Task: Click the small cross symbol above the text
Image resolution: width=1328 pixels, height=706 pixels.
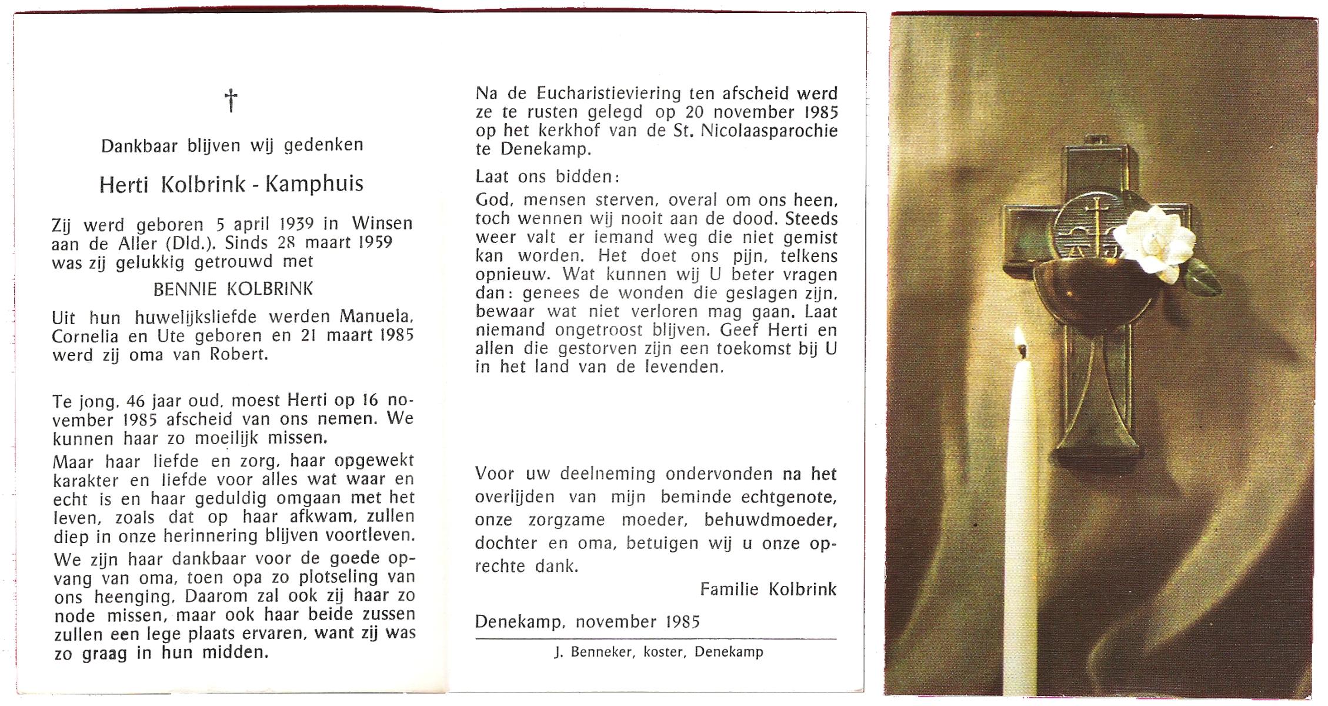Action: [x=231, y=101]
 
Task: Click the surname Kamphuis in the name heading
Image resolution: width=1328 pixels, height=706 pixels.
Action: [x=314, y=184]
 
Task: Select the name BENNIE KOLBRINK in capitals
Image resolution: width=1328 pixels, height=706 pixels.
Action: [x=233, y=289]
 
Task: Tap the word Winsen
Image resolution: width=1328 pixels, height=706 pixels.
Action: [x=382, y=224]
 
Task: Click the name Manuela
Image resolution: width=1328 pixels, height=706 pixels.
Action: [x=376, y=317]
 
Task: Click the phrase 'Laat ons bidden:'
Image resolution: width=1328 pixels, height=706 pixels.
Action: [x=547, y=176]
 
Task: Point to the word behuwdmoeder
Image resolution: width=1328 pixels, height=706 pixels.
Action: [x=770, y=520]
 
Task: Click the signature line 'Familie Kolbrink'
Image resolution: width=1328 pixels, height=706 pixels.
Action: [x=768, y=590]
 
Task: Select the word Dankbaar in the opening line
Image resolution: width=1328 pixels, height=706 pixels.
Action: [x=140, y=145]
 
